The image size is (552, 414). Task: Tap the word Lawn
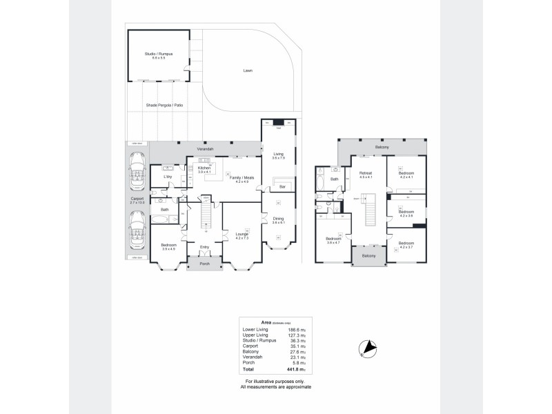click(x=247, y=71)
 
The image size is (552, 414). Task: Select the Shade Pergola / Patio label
click(x=164, y=106)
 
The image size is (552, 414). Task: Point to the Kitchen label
click(x=204, y=168)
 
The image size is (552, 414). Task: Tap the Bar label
click(x=282, y=187)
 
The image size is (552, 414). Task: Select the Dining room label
click(x=278, y=219)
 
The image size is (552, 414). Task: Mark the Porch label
click(x=204, y=264)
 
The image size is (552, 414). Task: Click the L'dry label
click(x=167, y=177)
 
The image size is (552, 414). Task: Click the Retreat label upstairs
click(x=366, y=173)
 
